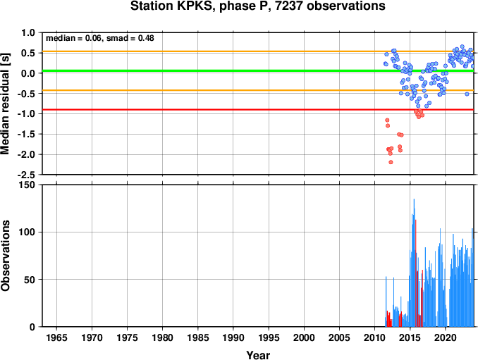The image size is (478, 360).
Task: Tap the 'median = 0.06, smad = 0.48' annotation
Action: coord(100,38)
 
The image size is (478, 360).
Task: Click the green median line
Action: coord(258,71)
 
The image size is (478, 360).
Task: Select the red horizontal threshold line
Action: coord(258,110)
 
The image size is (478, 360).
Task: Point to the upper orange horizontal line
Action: coord(258,51)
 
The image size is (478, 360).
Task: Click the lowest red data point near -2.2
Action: coord(391,162)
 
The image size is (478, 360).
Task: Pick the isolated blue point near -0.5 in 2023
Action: coord(467,94)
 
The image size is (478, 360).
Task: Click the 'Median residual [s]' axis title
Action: coord(5,104)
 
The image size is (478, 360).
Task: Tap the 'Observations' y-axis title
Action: coord(5,256)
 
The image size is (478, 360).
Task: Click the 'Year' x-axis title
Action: coord(258,355)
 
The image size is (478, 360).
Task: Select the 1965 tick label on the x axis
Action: coord(56,337)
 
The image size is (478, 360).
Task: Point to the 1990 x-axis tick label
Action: coord(233,337)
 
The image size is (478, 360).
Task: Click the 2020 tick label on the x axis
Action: coord(446,337)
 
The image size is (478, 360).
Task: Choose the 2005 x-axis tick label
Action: coord(339,337)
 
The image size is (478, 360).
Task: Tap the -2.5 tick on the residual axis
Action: coord(27,175)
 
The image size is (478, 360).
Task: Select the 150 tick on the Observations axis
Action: coord(28,185)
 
